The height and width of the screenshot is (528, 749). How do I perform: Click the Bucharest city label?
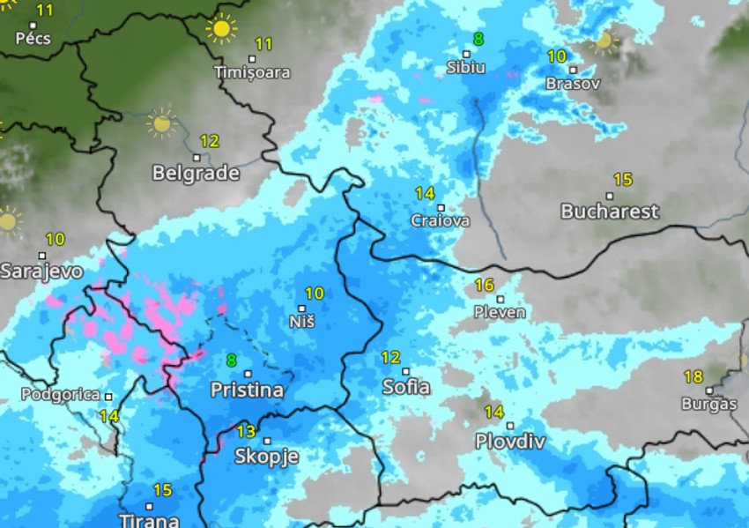609,212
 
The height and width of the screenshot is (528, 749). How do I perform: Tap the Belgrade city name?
196,173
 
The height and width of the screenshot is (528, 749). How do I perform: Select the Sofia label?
406,387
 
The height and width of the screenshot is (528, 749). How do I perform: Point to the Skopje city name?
266,456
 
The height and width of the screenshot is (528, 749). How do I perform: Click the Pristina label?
247,390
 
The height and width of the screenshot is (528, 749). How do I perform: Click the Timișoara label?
252,73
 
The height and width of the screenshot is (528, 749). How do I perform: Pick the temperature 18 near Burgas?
693,377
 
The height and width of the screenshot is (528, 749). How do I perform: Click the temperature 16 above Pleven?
484,285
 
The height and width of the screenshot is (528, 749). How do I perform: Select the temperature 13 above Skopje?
246,431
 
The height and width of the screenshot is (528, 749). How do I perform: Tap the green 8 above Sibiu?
478,39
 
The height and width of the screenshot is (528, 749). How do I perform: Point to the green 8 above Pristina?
231,360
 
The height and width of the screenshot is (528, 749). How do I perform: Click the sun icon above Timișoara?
221,29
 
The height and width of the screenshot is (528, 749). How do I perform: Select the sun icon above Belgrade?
161,123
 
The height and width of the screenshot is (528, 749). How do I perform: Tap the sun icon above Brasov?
604,41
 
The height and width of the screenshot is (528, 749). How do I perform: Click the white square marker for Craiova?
441,208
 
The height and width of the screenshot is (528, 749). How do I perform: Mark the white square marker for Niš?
302,309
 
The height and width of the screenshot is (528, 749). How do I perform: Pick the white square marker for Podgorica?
108,397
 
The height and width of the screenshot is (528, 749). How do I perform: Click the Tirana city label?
149,519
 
